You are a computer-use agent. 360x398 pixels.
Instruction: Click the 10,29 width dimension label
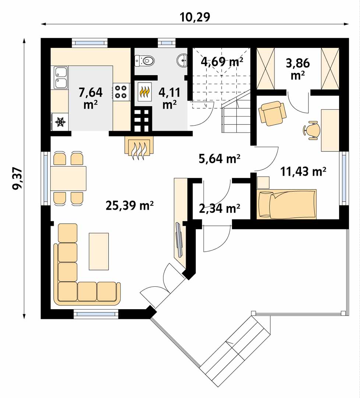pos(195,17)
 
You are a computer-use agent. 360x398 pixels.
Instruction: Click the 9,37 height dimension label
pos(18,179)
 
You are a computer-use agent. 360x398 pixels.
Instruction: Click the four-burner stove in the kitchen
pos(121,92)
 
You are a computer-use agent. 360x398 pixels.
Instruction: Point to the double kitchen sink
pos(61,78)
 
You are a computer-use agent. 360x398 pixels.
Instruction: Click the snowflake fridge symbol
pos(60,122)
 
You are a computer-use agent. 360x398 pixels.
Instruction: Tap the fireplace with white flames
pos(139,149)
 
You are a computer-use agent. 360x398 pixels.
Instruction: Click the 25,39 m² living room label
pos(130,206)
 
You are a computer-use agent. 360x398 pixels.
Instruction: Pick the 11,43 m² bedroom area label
pos(303,172)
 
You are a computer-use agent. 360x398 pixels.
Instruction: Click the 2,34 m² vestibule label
pos(219,208)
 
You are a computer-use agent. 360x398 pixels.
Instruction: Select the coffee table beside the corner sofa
pos(99,251)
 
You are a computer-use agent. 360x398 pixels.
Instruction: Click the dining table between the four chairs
pos(68,178)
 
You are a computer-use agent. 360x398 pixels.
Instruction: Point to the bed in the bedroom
pos(286,204)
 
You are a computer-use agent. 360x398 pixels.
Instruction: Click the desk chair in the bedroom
pos(311,130)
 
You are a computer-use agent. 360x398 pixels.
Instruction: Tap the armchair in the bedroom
pos(272,113)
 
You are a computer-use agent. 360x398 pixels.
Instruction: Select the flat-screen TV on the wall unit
pos(179,240)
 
